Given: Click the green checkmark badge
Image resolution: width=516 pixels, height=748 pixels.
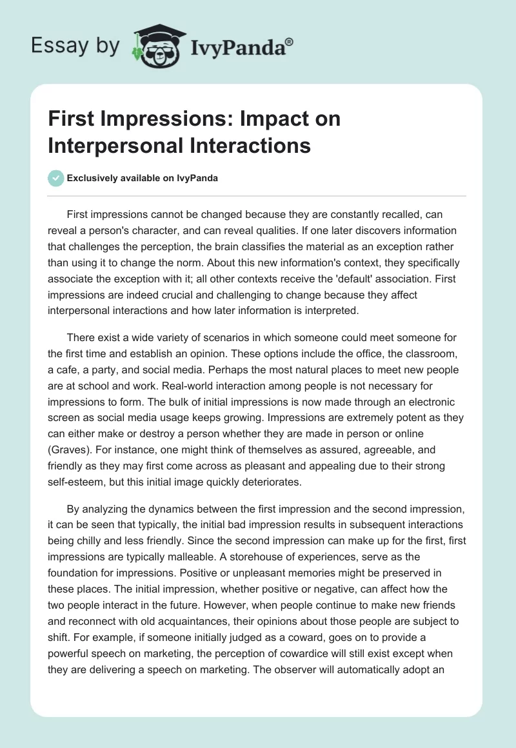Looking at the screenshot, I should [55, 178].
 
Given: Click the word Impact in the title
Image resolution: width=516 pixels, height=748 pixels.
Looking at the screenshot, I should [253, 119].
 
